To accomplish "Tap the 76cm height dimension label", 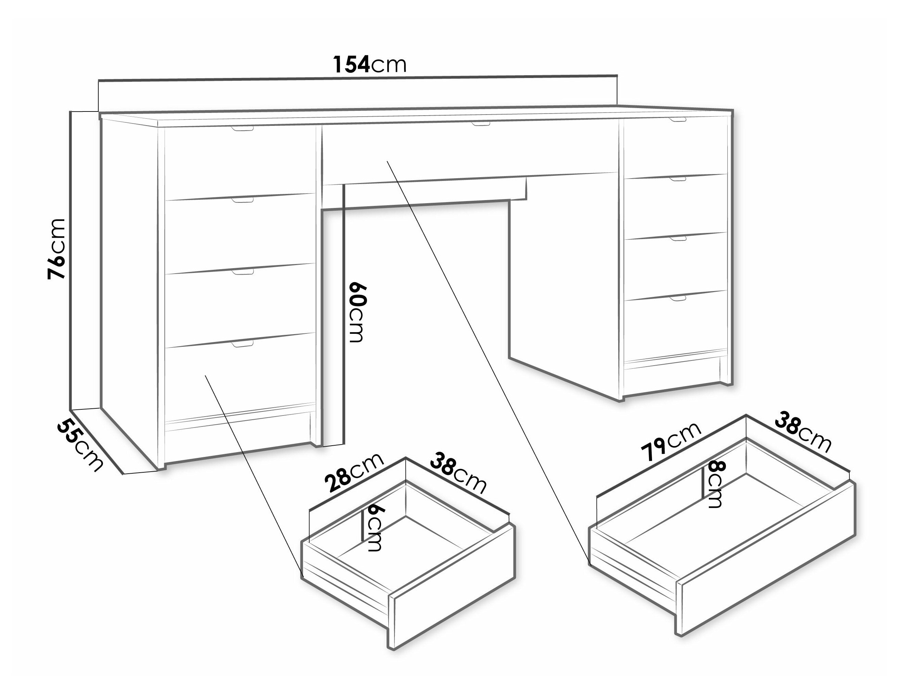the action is tap(56, 249).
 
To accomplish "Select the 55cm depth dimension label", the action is tap(79, 445).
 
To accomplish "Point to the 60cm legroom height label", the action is tap(357, 313).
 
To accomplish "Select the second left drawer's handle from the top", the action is tap(243, 200).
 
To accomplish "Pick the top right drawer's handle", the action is tap(677, 120).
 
